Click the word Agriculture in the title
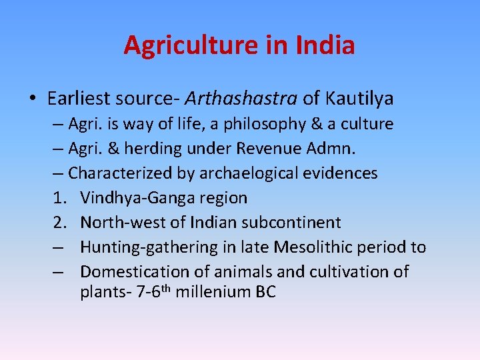pos(190,45)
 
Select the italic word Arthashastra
pos(241,99)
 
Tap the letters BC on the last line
pos(263,292)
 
